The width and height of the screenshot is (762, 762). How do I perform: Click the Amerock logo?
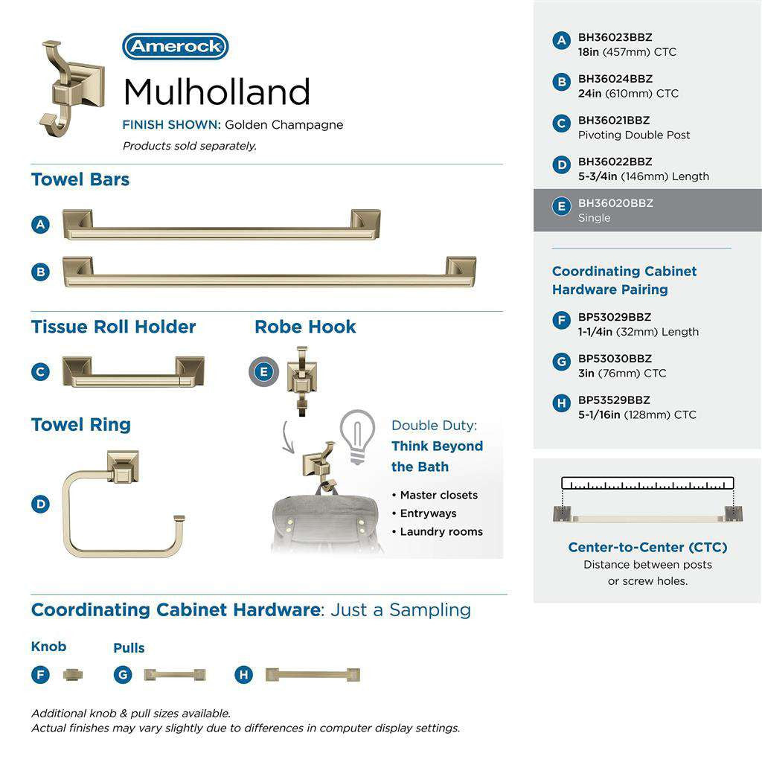[x=176, y=46]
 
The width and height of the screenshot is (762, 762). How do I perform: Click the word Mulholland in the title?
[x=217, y=92]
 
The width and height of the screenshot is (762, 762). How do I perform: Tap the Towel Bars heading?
[x=80, y=179]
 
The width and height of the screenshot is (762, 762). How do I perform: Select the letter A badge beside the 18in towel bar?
[x=41, y=224]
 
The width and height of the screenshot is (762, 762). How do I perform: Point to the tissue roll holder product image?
[x=133, y=371]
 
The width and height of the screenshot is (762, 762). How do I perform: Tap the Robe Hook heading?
[x=305, y=327]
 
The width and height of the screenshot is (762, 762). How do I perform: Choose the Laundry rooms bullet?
[x=441, y=531]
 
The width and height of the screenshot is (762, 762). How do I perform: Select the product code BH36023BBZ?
[x=615, y=37]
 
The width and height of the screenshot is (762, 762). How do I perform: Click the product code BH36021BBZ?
[x=614, y=120]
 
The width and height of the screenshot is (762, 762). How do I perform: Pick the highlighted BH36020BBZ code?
[x=615, y=203]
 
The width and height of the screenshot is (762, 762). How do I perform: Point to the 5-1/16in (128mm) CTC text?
[x=637, y=414]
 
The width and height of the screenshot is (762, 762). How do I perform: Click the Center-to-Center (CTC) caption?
[x=647, y=548]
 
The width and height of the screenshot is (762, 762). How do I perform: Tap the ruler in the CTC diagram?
[x=647, y=484]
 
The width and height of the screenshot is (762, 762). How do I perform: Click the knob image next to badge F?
[x=73, y=675]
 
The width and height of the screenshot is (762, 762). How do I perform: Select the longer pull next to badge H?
[x=313, y=675]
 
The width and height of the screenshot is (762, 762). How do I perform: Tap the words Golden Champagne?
[x=284, y=125]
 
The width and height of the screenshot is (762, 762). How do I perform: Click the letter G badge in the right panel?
[x=562, y=362]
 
